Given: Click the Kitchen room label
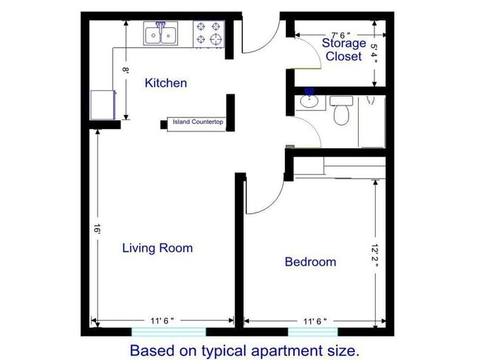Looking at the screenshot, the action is pyautogui.click(x=165, y=83).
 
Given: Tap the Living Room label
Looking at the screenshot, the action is pyautogui.click(x=157, y=248).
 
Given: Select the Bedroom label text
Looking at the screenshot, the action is pyautogui.click(x=310, y=262).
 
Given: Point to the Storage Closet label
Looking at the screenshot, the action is pyautogui.click(x=344, y=49).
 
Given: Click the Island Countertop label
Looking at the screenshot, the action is pyautogui.click(x=198, y=122).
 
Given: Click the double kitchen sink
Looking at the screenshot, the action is pyautogui.click(x=161, y=34).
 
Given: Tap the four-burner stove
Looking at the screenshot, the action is pyautogui.click(x=209, y=34).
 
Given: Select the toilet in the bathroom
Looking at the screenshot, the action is pyautogui.click(x=341, y=111).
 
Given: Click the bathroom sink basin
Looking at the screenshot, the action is pyautogui.click(x=309, y=100).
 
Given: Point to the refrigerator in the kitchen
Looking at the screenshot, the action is pyautogui.click(x=103, y=105).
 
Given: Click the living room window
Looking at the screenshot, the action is pyautogui.click(x=168, y=332).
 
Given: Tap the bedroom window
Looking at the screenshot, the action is pyautogui.click(x=313, y=332).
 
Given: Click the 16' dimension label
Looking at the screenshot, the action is pyautogui.click(x=97, y=229).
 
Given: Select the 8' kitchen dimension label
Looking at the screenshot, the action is pyautogui.click(x=126, y=70).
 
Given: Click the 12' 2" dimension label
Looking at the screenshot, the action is pyautogui.click(x=374, y=255).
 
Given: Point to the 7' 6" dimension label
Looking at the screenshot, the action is pyautogui.click(x=340, y=35).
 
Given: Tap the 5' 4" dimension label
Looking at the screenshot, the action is pyautogui.click(x=374, y=53).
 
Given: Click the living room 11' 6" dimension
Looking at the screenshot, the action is pyautogui.click(x=162, y=321).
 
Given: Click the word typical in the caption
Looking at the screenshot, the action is pyautogui.click(x=224, y=351).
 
